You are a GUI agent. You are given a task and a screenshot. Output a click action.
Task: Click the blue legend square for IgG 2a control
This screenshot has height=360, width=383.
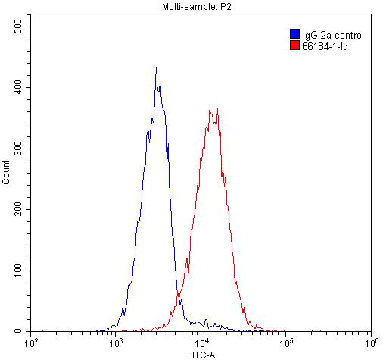tap(294, 35)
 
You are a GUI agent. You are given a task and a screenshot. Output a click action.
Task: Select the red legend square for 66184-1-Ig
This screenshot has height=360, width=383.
tap(294, 46)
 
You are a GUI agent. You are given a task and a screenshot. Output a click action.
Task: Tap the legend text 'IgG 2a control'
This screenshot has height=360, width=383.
tap(332, 35)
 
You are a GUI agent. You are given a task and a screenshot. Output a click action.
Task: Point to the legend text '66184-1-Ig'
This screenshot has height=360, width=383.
tap(325, 46)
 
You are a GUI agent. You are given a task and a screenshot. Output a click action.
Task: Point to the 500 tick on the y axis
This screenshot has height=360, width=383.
tap(17, 27)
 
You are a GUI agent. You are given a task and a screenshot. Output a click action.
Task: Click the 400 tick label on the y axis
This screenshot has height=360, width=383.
tap(17, 87)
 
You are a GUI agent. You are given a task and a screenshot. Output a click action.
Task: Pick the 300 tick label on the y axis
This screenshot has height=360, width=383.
tap(17, 149)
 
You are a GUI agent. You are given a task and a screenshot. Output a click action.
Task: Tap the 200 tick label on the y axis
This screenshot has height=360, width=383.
tap(17, 209)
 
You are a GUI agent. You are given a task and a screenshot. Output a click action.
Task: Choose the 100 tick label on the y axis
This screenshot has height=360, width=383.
tap(17, 271)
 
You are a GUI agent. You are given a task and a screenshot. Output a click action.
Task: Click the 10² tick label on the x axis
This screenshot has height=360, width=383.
tap(32, 344)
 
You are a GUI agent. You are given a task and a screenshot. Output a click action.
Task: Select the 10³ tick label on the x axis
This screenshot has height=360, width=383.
tap(116, 344)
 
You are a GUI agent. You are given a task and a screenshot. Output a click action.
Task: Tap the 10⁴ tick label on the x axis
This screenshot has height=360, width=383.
tap(201, 344)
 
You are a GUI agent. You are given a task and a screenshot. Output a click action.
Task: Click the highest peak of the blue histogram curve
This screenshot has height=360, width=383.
tap(156, 67)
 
